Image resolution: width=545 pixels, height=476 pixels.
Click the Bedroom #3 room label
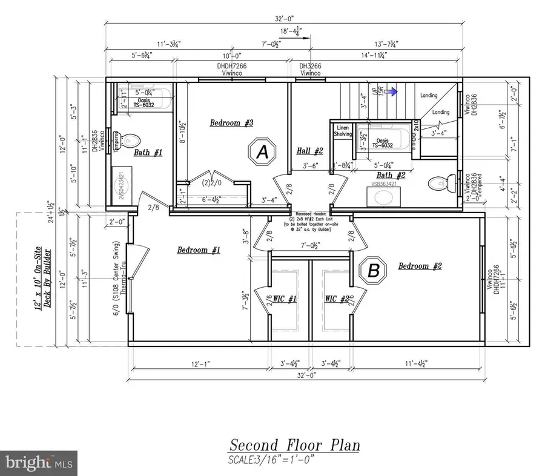coord(231,124)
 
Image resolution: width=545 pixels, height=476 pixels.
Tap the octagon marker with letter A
coord(263,152)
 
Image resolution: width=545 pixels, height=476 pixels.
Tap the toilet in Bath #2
coord(439,182)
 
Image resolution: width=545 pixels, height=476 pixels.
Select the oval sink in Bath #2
coord(382,197)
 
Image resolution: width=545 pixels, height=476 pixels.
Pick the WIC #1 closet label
coord(283,299)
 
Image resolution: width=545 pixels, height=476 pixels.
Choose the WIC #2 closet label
coord(337,299)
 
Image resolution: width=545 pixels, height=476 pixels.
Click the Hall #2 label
coord(309,151)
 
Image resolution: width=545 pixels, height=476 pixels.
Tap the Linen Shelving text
coord(344,131)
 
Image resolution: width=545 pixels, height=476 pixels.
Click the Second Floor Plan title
coord(294,445)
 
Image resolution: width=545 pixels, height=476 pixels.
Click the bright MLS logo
coord(39,463)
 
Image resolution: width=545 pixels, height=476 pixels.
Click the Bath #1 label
coord(148,153)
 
